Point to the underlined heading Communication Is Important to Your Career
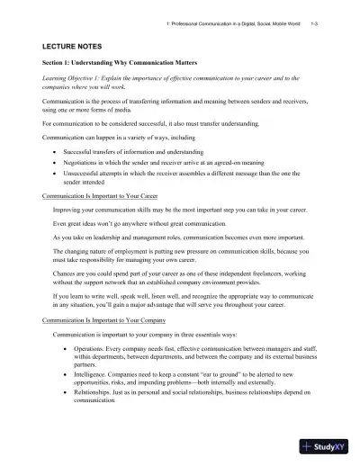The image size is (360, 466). pyautogui.click(x=101, y=194)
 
